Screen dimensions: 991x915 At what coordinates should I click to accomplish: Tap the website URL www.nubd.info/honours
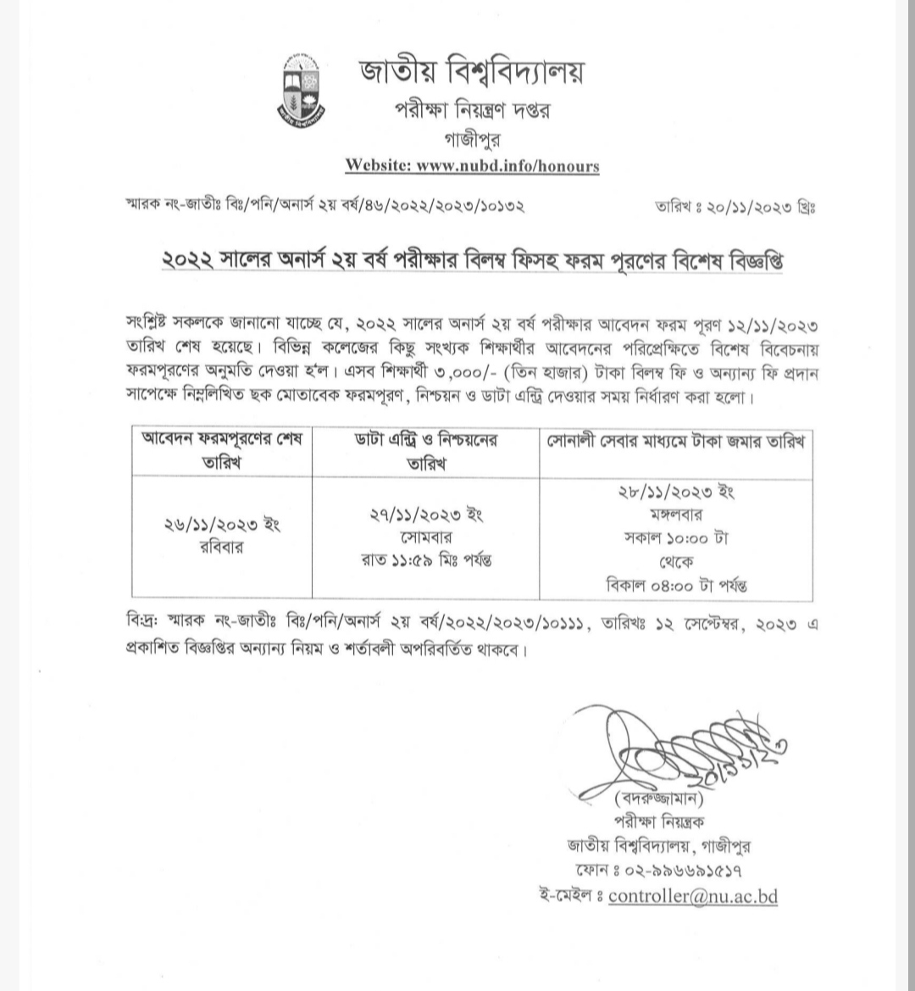click(x=507, y=165)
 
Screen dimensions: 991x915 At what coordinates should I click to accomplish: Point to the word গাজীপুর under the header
click(x=471, y=139)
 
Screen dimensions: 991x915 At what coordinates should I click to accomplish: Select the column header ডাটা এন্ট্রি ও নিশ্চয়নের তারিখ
click(x=425, y=452)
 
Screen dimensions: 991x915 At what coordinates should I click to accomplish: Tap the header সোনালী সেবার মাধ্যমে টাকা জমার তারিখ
click(x=674, y=441)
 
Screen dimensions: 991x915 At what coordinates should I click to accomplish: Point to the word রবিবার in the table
click(x=222, y=546)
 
